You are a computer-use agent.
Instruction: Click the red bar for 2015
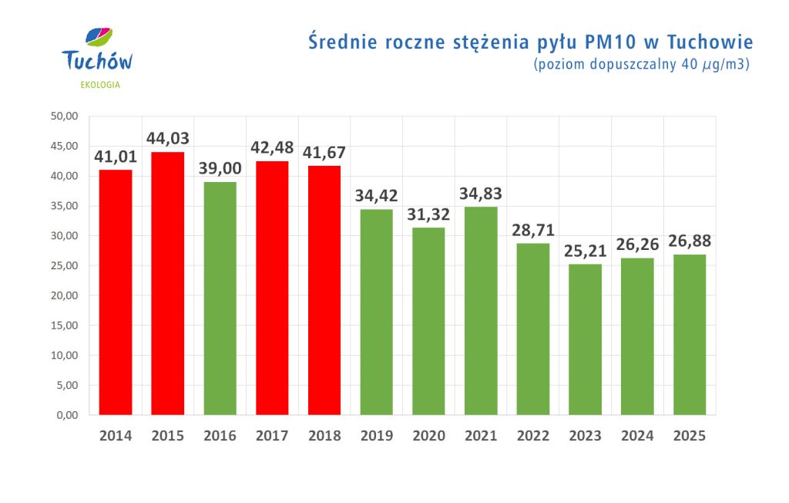pyautogui.click(x=167, y=283)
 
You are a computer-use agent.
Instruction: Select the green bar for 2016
pyautogui.click(x=220, y=298)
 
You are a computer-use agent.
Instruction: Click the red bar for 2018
pyautogui.click(x=324, y=290)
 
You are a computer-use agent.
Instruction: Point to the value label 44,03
pyautogui.click(x=168, y=138)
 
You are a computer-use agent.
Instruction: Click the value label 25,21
pyautogui.click(x=586, y=250)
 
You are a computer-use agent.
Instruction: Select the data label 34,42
pyautogui.click(x=376, y=195)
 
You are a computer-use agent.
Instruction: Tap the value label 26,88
pyautogui.click(x=690, y=241)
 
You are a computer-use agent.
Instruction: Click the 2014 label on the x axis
pyautogui.click(x=116, y=436)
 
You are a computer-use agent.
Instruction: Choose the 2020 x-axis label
pyautogui.click(x=428, y=436)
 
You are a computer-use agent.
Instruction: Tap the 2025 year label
pyautogui.click(x=690, y=436)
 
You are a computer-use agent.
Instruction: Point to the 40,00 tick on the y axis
pyautogui.click(x=64, y=176)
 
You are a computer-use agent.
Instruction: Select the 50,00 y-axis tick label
pyautogui.click(x=64, y=116)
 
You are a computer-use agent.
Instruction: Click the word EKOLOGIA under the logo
pyautogui.click(x=99, y=84)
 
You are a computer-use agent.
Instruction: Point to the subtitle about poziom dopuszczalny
pyautogui.click(x=642, y=64)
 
